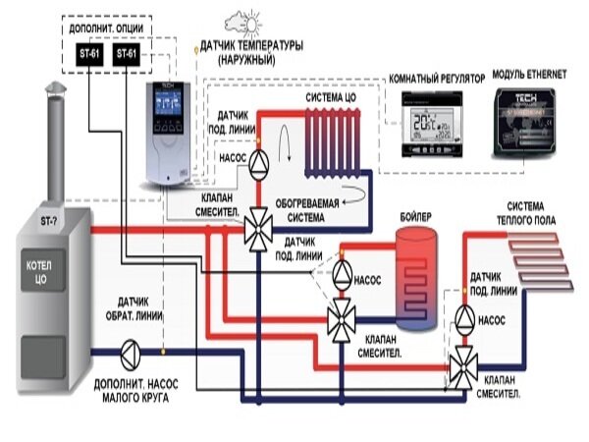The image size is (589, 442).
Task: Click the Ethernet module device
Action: tap(535, 123)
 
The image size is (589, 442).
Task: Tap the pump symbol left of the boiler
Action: tap(344, 270)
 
